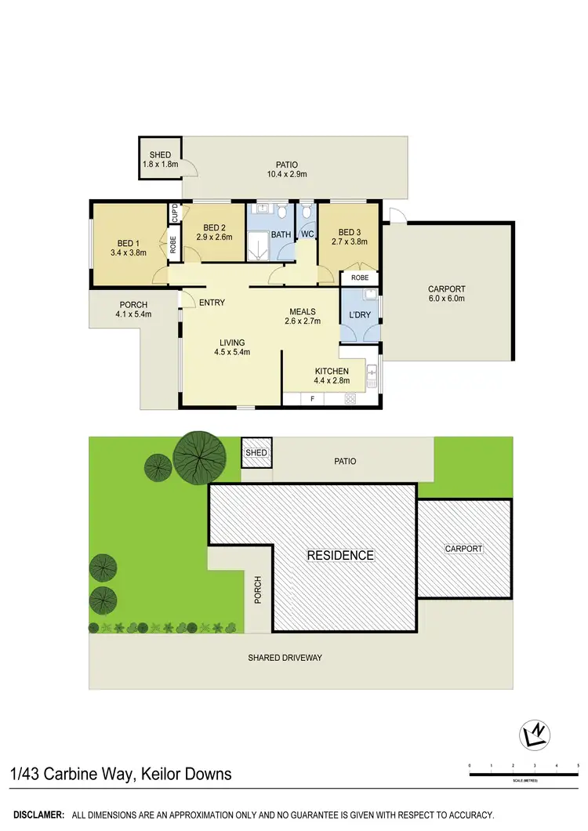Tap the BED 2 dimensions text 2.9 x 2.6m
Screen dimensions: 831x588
click(214, 236)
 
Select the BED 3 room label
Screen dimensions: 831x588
click(349, 231)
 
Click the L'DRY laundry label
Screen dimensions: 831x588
click(359, 315)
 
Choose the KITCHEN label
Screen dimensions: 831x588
click(332, 371)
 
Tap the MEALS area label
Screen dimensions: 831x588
click(301, 311)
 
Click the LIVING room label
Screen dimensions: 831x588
click(232, 342)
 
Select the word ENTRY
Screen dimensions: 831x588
click(212, 303)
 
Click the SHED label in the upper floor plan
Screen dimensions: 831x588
click(160, 155)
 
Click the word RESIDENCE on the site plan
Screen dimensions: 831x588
click(340, 555)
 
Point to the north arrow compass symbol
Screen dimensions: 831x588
click(535, 735)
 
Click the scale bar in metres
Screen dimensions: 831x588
click(523, 774)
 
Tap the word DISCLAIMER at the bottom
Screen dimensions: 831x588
click(37, 815)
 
